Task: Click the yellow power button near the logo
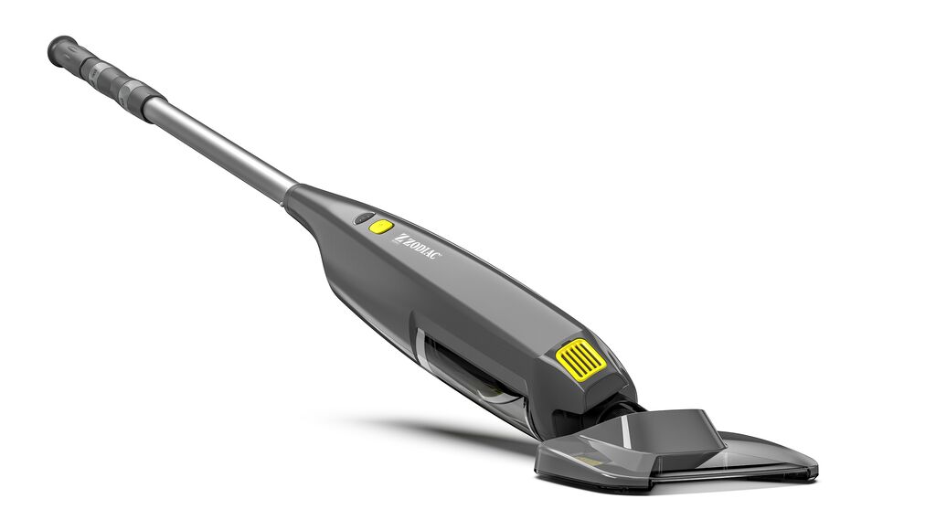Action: coord(381,227)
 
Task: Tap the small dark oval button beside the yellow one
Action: coord(364,218)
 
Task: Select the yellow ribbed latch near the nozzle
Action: coord(580,359)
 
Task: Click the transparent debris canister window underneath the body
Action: coord(472,377)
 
